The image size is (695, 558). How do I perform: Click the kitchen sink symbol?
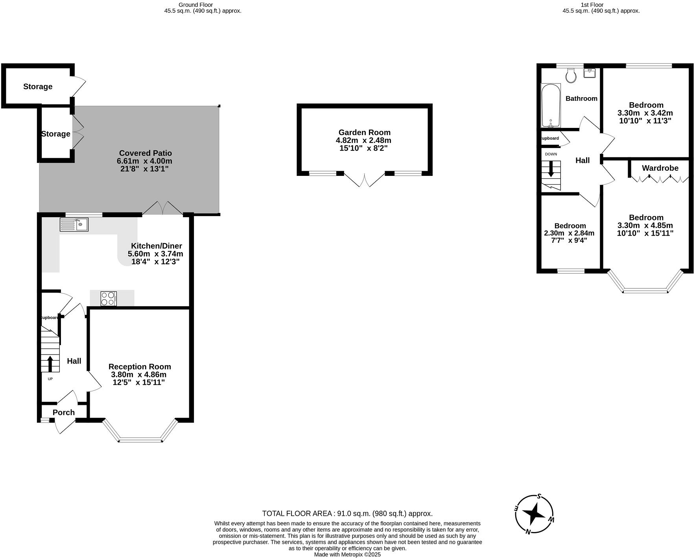(74, 225)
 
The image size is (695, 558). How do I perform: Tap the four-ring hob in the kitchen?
(109, 298)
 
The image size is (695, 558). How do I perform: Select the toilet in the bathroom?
(571, 76)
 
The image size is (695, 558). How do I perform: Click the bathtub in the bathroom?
(551, 105)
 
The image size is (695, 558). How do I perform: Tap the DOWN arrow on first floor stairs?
(551, 169)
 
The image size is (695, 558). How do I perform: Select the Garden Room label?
(364, 133)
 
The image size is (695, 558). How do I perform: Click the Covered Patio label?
(145, 153)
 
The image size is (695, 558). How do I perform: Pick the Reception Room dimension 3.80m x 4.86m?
(138, 375)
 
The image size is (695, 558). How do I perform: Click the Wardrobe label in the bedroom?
(660, 168)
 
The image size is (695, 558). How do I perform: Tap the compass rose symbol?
(534, 514)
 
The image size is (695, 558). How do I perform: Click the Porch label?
(64, 412)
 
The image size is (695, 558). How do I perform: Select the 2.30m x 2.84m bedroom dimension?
(569, 233)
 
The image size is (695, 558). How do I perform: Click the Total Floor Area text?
(347, 513)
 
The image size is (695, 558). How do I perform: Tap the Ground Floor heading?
(195, 5)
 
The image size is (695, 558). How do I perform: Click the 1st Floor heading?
(592, 5)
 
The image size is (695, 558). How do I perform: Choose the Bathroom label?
(581, 98)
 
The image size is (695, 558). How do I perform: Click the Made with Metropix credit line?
(347, 554)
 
